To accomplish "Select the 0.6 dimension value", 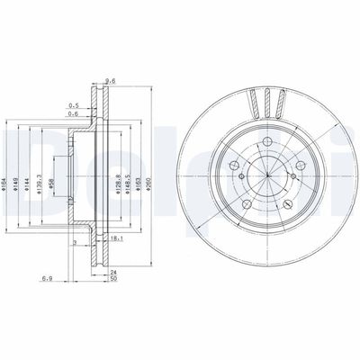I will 75,113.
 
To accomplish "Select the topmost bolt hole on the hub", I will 268,141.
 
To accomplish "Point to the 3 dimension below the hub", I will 75,241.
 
